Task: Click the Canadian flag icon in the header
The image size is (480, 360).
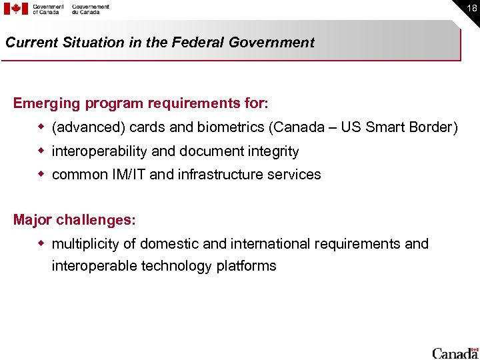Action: pos(16,9)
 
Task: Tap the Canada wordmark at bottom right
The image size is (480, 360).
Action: pos(455,352)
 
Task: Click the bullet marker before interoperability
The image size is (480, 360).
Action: pos(41,151)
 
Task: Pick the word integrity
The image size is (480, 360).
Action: pos(273,151)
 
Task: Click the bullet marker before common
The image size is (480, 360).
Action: pos(41,174)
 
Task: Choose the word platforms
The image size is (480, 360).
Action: pos(246,266)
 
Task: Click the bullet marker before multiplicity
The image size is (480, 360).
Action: pos(41,243)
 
